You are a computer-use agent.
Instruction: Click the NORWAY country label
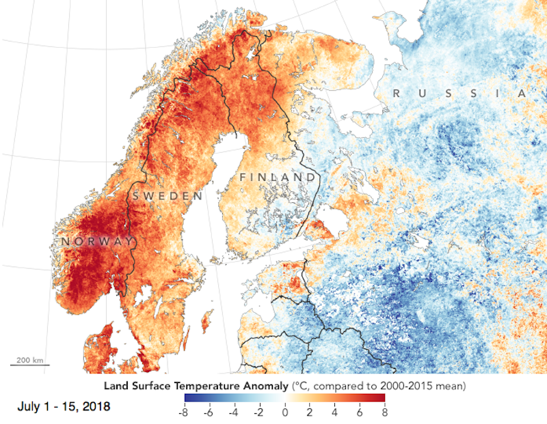[96, 242]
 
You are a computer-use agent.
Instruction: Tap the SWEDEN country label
[167, 196]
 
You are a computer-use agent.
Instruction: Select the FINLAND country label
[278, 178]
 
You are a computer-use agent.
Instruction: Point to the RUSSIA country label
[459, 94]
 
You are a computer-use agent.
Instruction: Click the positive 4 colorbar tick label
[334, 412]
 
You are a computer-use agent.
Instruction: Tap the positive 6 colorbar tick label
[360, 412]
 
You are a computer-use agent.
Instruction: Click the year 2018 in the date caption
[96, 408]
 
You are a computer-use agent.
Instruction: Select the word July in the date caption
[30, 408]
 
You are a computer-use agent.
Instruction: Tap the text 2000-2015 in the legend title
[400, 386]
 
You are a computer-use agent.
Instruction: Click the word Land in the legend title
[116, 386]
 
